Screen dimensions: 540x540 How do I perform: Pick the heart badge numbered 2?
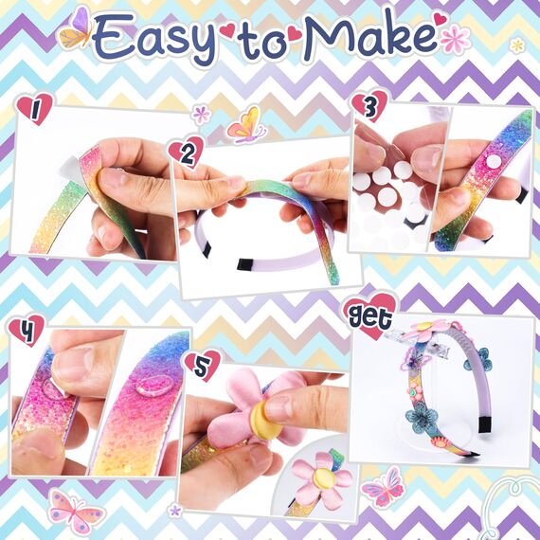coord(184,150)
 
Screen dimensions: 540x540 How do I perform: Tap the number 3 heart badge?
coord(369,106)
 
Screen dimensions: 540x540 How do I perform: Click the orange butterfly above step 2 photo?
coord(245,124)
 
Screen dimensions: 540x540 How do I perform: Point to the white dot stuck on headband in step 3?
coord(493,162)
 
